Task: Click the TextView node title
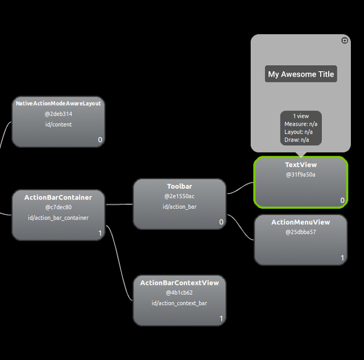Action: coord(301,165)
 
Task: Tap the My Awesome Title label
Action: coord(301,74)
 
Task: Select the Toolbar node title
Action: coord(179,187)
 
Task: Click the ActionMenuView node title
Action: coord(300,222)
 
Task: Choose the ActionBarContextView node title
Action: coord(179,283)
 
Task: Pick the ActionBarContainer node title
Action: coord(58,197)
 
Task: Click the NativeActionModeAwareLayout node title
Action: coord(58,104)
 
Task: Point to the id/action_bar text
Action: coord(179,206)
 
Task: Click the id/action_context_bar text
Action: coord(179,303)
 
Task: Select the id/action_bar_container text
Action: coord(58,217)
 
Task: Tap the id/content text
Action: coord(58,124)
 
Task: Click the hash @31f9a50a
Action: coord(301,175)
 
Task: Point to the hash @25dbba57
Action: coord(300,232)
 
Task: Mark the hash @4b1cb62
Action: coord(179,293)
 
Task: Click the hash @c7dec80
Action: coord(58,207)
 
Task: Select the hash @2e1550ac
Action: coord(179,196)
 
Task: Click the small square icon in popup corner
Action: coord(344,40)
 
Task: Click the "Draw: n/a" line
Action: coord(297,140)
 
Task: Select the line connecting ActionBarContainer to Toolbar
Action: coord(119,204)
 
